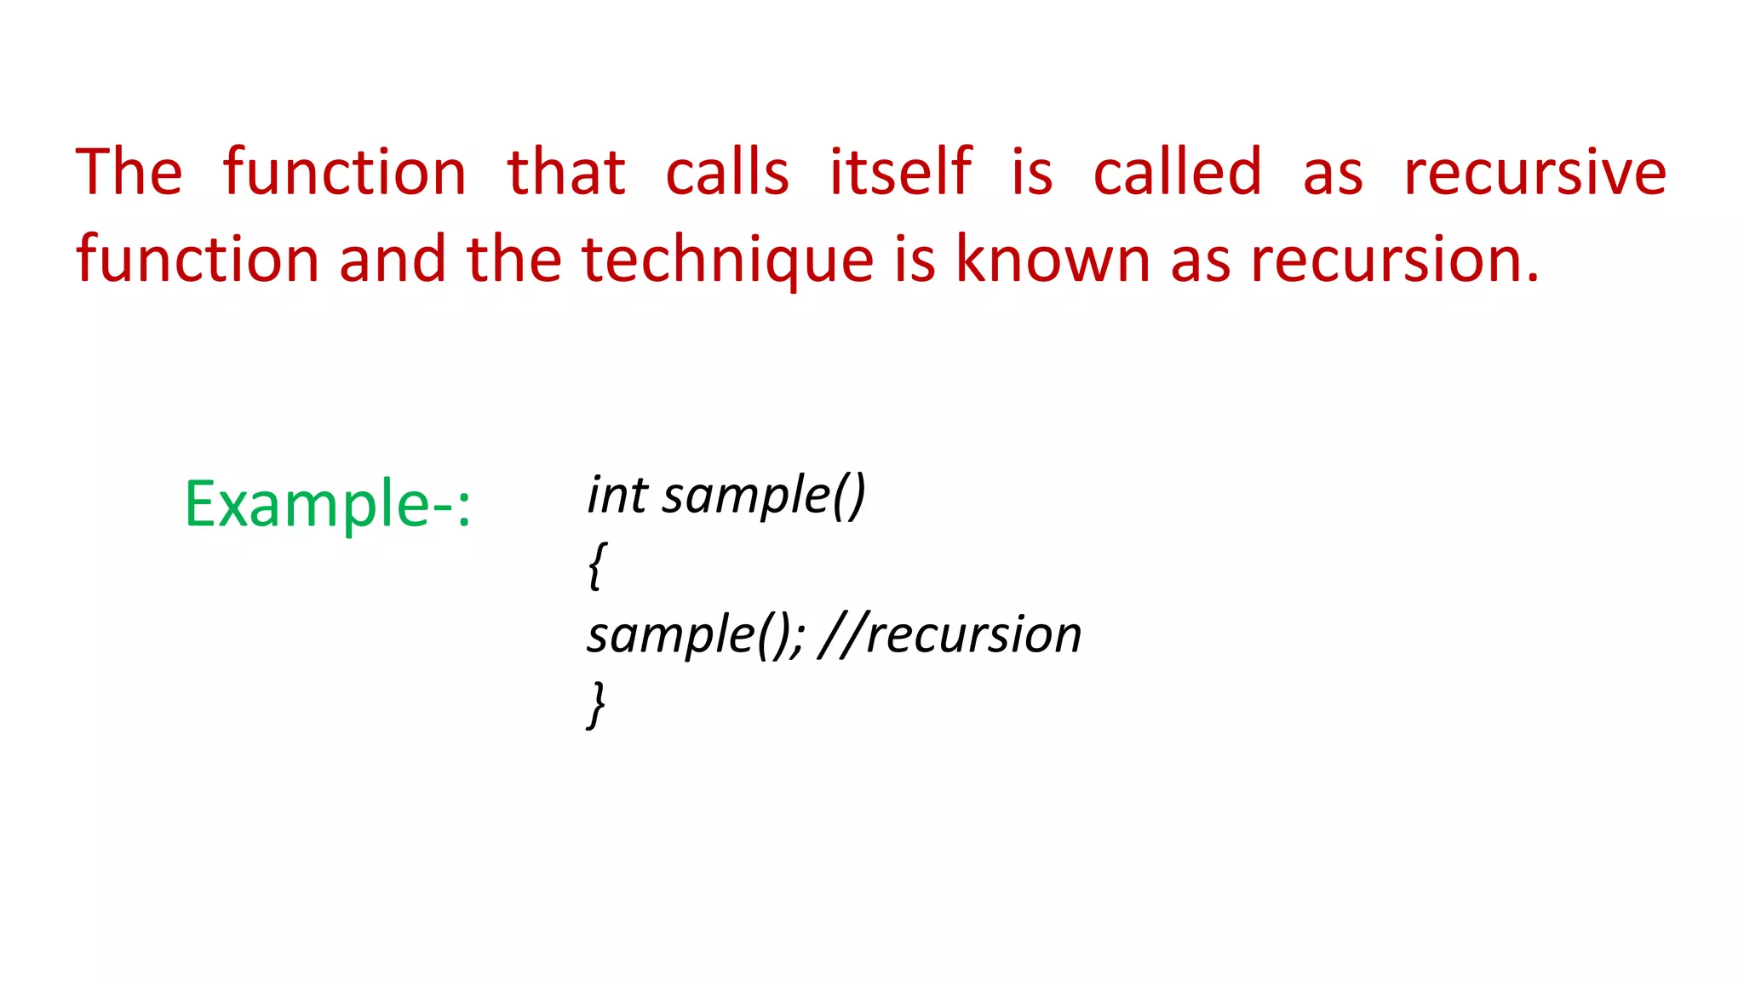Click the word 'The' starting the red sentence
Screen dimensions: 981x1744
point(129,172)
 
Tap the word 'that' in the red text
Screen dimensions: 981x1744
point(566,172)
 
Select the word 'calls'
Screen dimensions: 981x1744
point(727,172)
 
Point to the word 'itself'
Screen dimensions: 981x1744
point(900,172)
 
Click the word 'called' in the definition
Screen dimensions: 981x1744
point(1177,172)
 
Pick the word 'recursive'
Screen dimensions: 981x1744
point(1535,172)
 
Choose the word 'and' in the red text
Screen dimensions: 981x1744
point(392,259)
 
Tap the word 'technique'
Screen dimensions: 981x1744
point(727,261)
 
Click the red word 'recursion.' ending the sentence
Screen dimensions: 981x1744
point(1395,259)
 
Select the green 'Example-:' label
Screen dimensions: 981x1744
point(327,504)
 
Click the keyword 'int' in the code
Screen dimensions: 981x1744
point(617,495)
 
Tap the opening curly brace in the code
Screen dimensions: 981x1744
point(597,565)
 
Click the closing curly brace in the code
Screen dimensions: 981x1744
point(597,704)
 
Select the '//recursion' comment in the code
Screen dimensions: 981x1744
point(949,634)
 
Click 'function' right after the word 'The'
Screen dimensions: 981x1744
point(345,172)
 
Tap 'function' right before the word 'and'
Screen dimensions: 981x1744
point(198,259)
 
